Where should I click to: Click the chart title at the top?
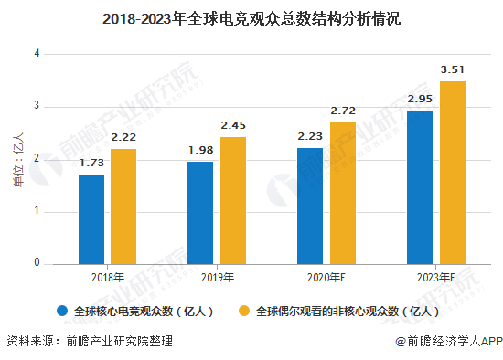pos(251,17)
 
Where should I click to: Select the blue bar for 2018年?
pos(91,219)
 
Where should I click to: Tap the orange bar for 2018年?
pos(123,206)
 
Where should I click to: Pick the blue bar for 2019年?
pos(200,213)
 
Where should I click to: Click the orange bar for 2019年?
pos(233,201)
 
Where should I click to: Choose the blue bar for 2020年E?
pos(310,206)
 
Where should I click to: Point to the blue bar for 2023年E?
pos(420,187)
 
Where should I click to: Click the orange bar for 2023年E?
pos(453,173)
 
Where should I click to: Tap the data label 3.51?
pos(453,69)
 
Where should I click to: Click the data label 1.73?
pos(91,163)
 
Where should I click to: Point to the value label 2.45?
pos(233,125)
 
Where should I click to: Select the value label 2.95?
pos(420,99)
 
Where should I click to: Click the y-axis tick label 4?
pos(37,54)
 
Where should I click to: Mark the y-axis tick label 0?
pos(37,264)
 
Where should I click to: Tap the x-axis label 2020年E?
pos(326,277)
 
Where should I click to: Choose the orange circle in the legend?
pos(244,311)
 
